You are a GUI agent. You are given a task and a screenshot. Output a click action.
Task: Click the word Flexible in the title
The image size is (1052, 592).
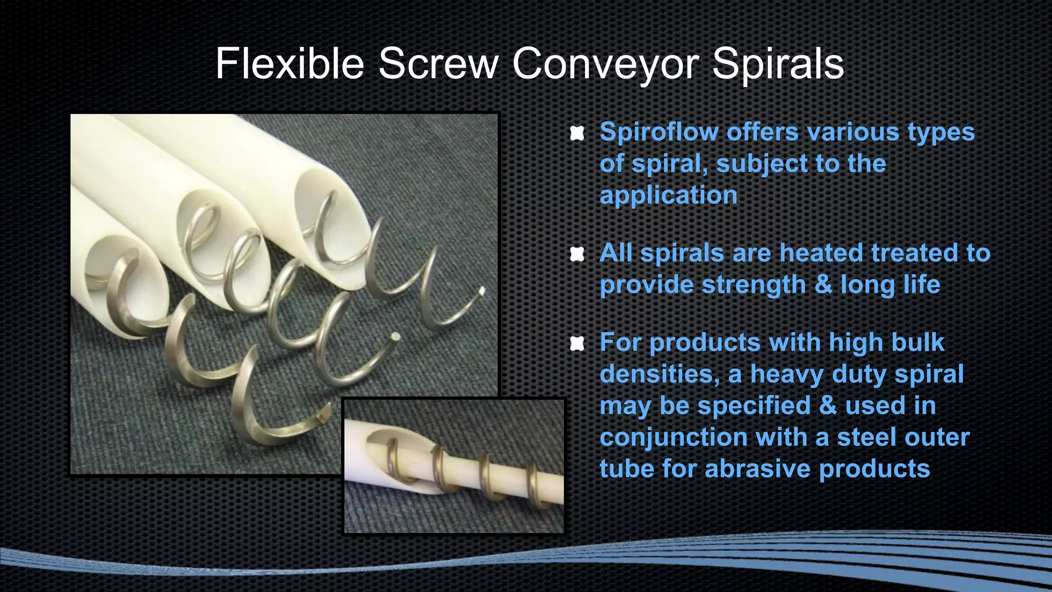pyautogui.click(x=289, y=64)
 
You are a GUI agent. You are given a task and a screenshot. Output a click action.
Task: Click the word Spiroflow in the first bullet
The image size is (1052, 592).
pyautogui.click(x=659, y=132)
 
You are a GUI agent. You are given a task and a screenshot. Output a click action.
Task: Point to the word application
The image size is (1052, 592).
pyautogui.click(x=668, y=195)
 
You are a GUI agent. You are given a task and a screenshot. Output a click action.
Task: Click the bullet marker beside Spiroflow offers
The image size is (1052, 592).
pyautogui.click(x=577, y=134)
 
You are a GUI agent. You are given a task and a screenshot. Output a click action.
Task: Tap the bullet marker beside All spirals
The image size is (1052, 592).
pyautogui.click(x=577, y=254)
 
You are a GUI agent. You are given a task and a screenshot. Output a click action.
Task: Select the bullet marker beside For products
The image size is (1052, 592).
pyautogui.click(x=577, y=344)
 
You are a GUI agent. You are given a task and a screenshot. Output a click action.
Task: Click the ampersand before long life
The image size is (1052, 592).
pyautogui.click(x=823, y=285)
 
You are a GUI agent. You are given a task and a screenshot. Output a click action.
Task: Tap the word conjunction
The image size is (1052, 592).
pyautogui.click(x=673, y=437)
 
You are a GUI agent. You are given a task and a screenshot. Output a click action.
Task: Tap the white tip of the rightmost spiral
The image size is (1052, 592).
pyautogui.click(x=482, y=291)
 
